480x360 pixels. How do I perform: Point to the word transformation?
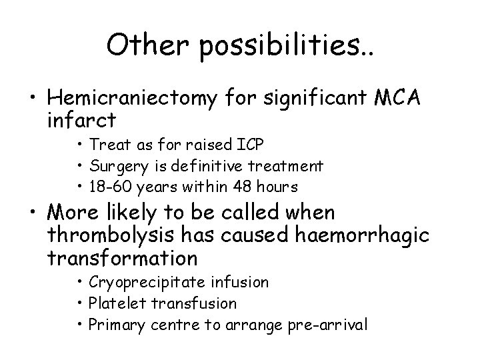point(123,257)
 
